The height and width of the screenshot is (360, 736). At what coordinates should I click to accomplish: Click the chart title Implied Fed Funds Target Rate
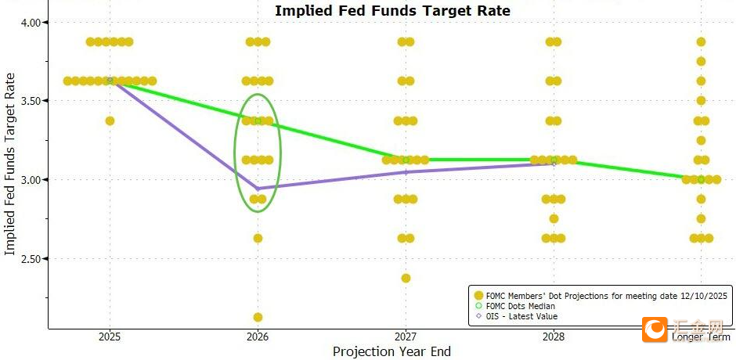point(392,11)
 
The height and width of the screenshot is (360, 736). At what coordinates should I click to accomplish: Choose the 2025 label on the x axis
point(110,337)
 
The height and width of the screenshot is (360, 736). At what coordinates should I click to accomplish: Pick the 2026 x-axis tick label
point(258,337)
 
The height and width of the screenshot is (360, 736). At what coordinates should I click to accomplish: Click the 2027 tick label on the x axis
point(405,337)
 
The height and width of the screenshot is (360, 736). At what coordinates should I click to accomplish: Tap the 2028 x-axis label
point(553,337)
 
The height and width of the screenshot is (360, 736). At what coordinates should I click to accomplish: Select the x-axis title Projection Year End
point(391,351)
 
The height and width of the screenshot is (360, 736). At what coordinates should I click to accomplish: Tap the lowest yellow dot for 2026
point(258,317)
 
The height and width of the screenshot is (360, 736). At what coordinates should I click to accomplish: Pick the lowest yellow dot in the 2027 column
point(405,278)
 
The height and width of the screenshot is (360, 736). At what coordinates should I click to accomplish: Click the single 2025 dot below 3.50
point(110,121)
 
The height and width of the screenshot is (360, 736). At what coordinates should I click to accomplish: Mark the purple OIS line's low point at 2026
point(258,189)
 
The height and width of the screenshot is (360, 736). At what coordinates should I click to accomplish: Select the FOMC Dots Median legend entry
point(521,306)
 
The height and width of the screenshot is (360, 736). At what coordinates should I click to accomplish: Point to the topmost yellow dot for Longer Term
point(701,41)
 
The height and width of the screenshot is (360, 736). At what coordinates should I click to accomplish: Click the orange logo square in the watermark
point(654,329)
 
